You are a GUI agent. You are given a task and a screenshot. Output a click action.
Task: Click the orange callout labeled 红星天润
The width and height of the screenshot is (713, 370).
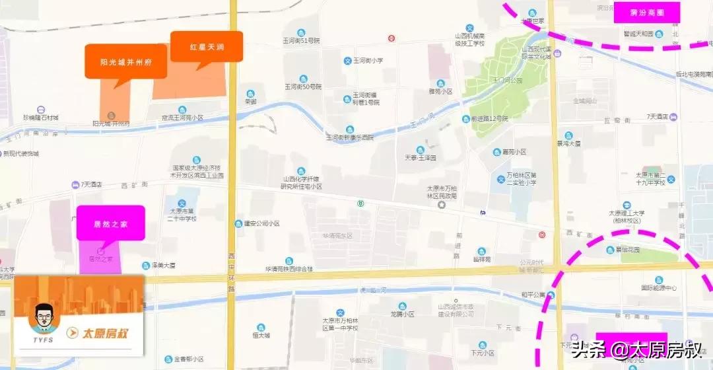[x=206, y=47]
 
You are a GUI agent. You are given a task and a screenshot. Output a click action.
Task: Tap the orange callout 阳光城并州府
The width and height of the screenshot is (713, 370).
[x=126, y=62]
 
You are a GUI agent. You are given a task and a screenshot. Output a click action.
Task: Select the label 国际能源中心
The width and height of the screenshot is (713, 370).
[x=658, y=287]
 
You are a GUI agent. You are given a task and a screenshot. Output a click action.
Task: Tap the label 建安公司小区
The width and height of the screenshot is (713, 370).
[x=261, y=223]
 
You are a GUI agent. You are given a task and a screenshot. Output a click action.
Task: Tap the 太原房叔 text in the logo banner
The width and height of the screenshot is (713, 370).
[x=102, y=332]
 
